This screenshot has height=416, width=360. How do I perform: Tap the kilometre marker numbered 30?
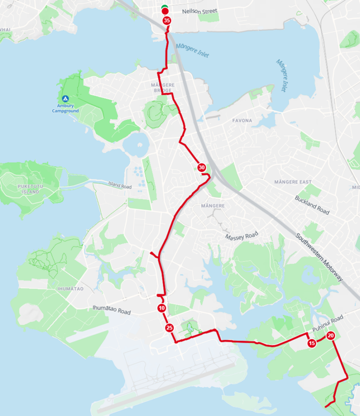[202, 167]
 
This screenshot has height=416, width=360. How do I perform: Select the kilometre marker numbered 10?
[161, 308]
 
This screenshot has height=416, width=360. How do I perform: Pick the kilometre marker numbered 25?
[169, 328]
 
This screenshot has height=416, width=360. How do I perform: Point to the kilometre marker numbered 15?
[312, 344]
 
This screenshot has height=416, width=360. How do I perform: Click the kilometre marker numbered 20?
[331, 336]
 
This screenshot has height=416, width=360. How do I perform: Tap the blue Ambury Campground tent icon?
[65, 99]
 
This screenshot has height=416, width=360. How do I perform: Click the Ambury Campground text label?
[65, 108]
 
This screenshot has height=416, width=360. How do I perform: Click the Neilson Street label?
[200, 11]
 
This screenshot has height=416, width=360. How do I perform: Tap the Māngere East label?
[293, 182]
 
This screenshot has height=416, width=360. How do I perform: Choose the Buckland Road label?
[312, 205]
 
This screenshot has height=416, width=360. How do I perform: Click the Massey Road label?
[241, 236]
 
